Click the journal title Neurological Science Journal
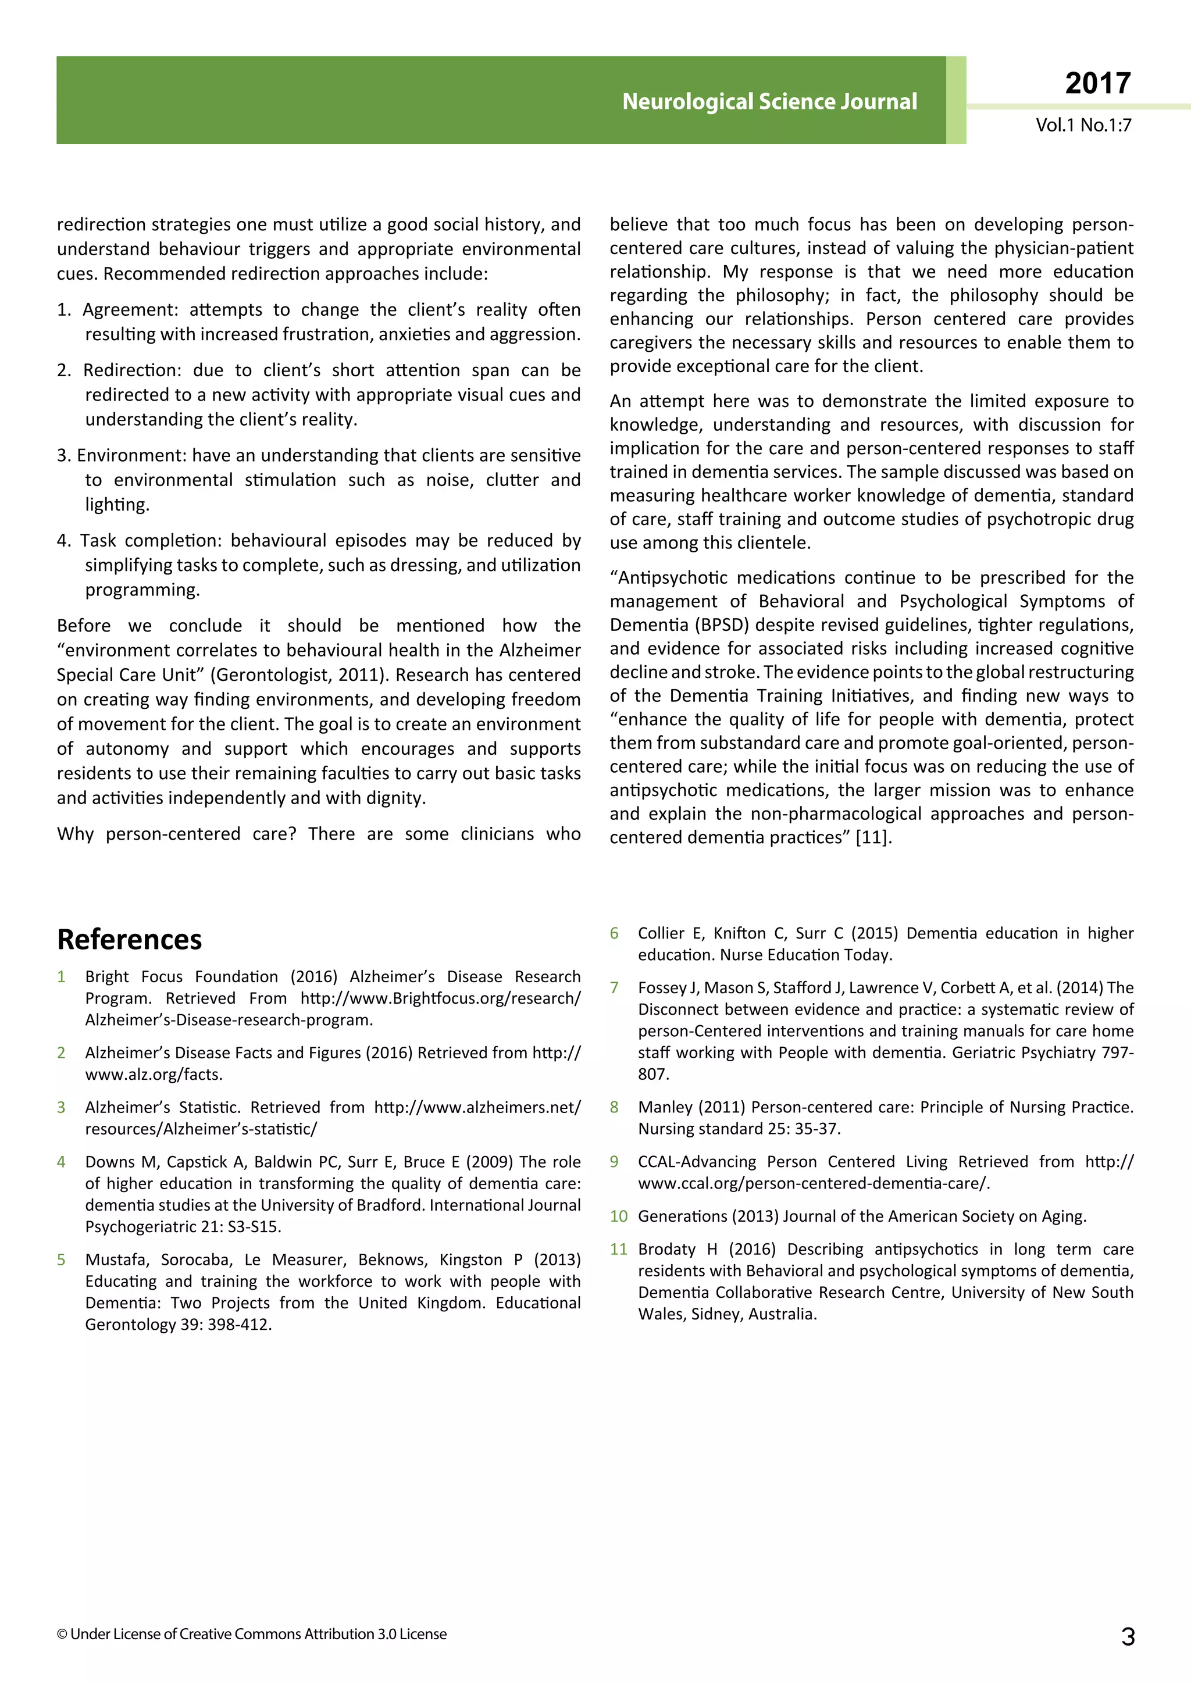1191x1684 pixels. point(769,101)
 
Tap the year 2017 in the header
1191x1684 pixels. point(1097,83)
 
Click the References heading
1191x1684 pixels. point(129,940)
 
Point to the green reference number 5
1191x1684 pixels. point(62,1260)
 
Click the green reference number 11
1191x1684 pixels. point(618,1249)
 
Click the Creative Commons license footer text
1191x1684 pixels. point(252,1634)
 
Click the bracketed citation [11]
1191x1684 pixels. point(873,837)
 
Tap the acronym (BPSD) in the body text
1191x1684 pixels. point(722,625)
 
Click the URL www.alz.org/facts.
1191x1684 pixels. point(154,1075)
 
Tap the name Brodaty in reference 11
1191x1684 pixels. point(666,1249)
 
